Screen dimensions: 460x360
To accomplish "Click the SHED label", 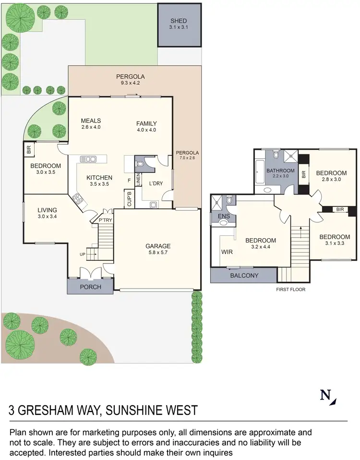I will [179, 21].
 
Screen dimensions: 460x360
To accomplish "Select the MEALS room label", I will [91, 121].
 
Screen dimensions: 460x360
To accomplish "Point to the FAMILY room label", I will [146, 123].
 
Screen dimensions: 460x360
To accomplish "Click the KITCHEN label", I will [99, 177].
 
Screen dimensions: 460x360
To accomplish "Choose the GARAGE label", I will [158, 246].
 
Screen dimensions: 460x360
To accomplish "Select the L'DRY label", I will [156, 184].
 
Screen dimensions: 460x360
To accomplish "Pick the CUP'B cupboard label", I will [130, 199].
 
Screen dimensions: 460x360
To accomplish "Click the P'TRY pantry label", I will [105, 220].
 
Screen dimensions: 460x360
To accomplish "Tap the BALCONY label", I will [244, 276].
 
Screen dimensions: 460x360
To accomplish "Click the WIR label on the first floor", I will [227, 251].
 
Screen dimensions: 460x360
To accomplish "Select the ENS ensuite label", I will [224, 217].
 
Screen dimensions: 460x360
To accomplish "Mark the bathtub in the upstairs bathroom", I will [260, 172].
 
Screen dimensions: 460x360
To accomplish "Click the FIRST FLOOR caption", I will [291, 290].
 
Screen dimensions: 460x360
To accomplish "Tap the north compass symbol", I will [328, 397].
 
